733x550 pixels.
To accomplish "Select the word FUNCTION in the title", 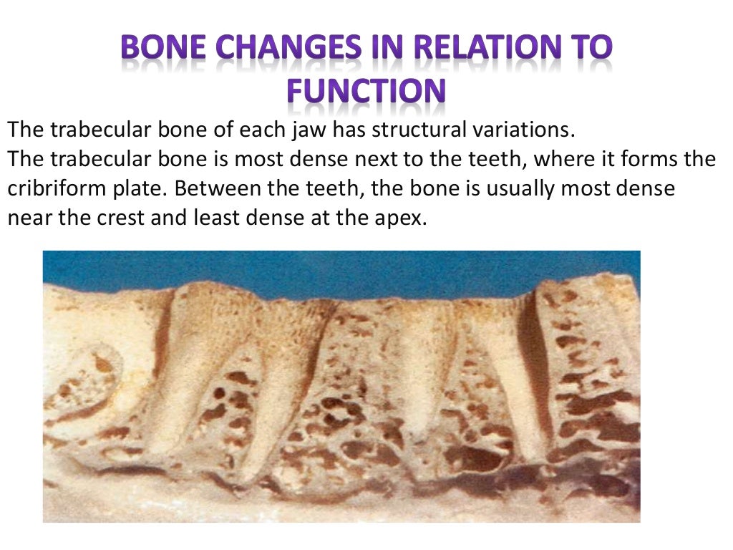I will (x=366, y=92).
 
